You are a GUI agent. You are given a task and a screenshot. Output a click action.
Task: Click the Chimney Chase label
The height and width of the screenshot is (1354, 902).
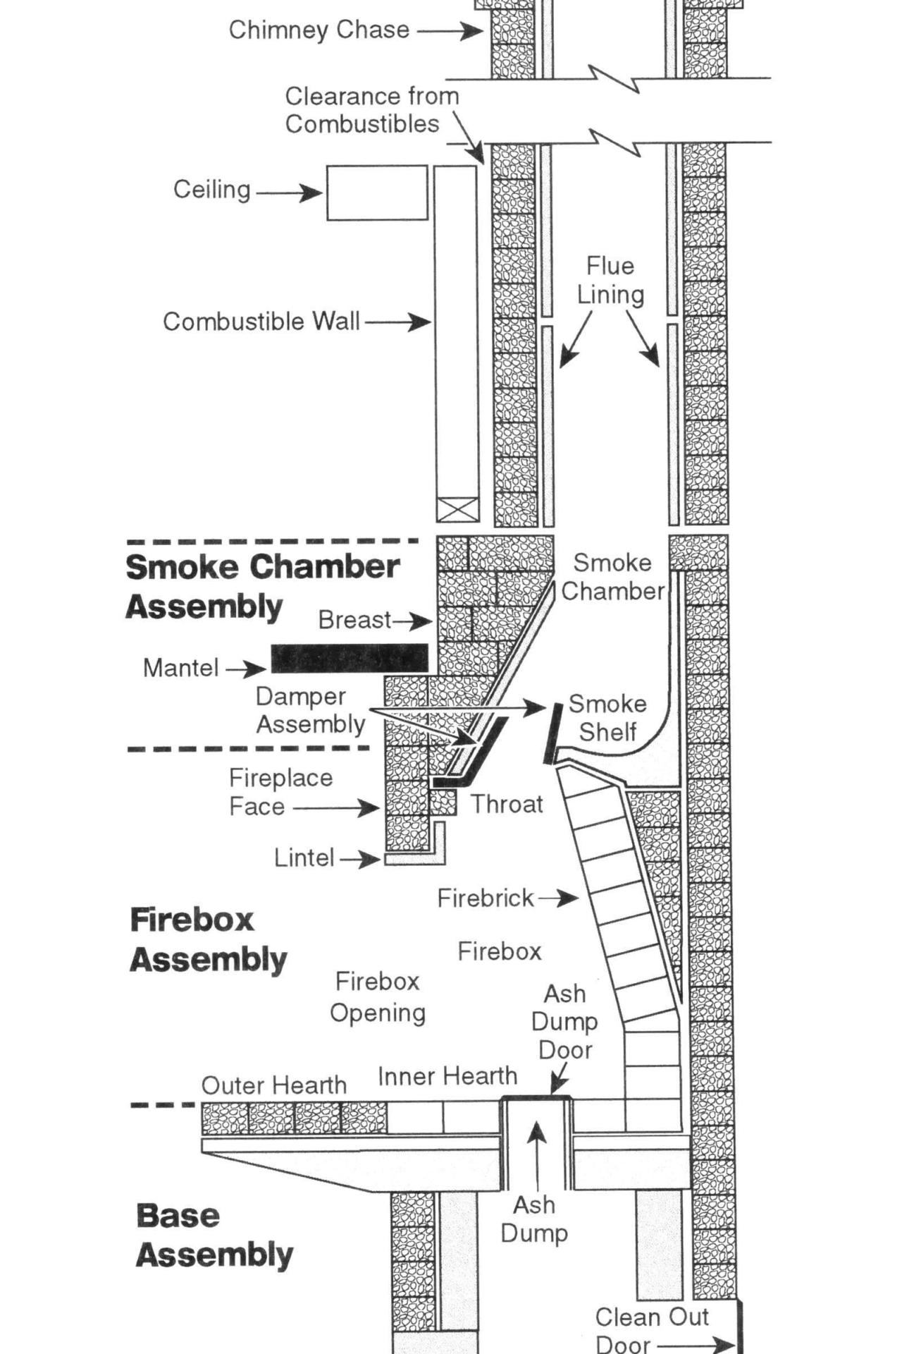(x=319, y=30)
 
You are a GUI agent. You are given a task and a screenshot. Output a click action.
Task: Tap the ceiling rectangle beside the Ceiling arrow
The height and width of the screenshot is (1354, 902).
(x=377, y=193)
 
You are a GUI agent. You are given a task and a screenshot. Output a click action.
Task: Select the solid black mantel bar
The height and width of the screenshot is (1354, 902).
(x=350, y=657)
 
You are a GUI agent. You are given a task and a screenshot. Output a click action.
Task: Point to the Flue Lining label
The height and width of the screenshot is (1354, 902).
(x=610, y=280)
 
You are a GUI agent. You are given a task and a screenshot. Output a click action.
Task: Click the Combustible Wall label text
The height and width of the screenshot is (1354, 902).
(x=261, y=322)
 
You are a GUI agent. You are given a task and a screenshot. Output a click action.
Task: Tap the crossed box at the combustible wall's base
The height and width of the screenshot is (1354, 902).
(x=457, y=509)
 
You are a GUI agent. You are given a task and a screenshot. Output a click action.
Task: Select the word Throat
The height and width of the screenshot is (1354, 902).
(x=507, y=804)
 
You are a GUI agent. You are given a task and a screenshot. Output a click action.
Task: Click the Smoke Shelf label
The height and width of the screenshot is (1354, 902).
(x=607, y=717)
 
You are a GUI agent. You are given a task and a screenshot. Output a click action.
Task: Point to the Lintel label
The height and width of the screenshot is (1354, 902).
(x=304, y=858)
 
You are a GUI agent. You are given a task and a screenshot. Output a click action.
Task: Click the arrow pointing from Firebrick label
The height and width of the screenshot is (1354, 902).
(x=558, y=898)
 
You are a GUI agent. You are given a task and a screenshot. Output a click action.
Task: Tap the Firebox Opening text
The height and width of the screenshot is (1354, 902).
(x=378, y=996)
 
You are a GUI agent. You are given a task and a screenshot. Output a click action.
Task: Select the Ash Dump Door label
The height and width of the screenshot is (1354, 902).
(x=564, y=1021)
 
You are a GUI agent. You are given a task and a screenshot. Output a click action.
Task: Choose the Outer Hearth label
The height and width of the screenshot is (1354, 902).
(x=273, y=1085)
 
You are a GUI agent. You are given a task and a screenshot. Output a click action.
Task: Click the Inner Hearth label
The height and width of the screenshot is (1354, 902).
(x=447, y=1076)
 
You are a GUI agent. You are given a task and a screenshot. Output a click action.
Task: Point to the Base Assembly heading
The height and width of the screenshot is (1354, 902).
(x=214, y=1235)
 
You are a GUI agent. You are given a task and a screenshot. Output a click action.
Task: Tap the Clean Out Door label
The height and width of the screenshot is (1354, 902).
(x=651, y=1330)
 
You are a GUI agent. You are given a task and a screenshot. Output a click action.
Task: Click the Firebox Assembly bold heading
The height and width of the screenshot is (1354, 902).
(x=208, y=939)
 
